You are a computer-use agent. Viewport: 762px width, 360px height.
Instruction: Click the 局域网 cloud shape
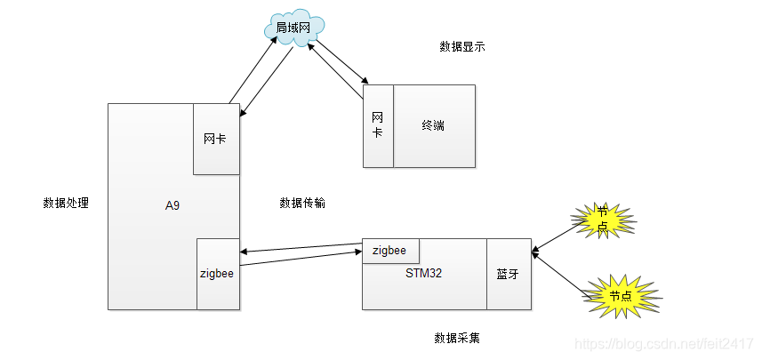coord(293,28)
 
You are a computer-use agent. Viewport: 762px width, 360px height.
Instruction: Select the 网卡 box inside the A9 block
coord(217,139)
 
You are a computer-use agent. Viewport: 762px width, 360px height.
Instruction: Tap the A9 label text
coord(172,205)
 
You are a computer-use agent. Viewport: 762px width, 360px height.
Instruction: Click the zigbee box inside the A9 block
coord(218,274)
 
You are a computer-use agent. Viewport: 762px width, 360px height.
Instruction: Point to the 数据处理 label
coord(66,203)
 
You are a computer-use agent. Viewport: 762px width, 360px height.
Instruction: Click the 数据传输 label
coord(302,203)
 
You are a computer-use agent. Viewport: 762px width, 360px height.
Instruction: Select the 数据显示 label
coord(462,46)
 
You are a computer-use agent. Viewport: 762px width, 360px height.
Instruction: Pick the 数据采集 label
coord(457,339)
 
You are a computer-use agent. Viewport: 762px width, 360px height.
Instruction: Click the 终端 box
coord(434,125)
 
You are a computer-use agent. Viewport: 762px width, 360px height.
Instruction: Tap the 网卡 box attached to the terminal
coord(378,125)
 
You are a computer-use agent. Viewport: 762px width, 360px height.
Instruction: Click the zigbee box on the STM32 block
coord(390,251)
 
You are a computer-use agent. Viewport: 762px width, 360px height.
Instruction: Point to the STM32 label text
coord(423,273)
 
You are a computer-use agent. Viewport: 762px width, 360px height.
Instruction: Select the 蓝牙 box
coord(508,275)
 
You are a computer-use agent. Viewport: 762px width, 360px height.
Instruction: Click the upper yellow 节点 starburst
coord(604,219)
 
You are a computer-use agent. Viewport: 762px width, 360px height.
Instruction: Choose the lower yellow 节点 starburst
coord(622,295)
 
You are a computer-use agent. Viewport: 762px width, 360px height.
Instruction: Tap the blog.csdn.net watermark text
coord(662,343)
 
